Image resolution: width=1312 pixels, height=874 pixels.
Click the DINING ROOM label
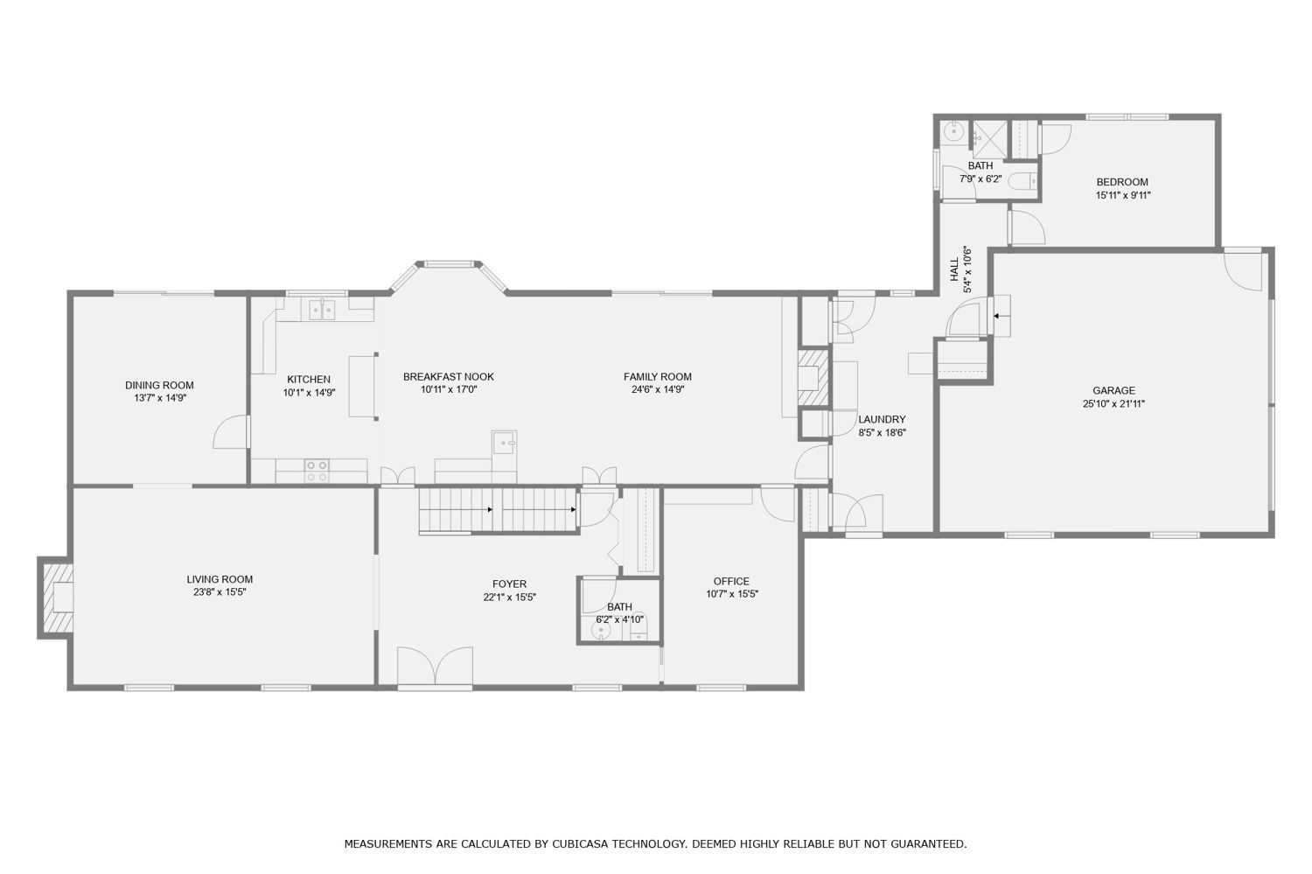159,385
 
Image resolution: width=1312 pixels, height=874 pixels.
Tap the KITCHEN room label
309,379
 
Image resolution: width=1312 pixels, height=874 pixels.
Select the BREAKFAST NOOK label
449,377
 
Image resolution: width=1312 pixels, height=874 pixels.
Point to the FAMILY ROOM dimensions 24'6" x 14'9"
658,389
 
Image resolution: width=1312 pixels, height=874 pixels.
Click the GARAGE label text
1113,390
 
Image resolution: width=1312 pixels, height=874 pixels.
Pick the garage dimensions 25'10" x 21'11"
1113,403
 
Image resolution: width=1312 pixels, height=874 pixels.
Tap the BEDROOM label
1122,182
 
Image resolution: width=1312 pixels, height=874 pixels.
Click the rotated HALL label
955,269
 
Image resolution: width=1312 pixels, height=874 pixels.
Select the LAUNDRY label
882,419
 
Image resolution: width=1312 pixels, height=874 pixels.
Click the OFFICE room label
731,581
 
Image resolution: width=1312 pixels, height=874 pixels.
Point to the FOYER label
509,584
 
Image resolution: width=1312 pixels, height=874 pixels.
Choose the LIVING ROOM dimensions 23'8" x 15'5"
220,592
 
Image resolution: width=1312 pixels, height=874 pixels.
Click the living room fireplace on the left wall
56,598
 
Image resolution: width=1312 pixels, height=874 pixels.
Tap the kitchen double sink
322,310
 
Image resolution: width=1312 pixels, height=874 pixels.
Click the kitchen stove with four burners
317,471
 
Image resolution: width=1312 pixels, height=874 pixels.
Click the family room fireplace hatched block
813,378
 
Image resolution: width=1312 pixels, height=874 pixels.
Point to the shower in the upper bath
990,139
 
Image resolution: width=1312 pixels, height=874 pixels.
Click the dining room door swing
230,431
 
